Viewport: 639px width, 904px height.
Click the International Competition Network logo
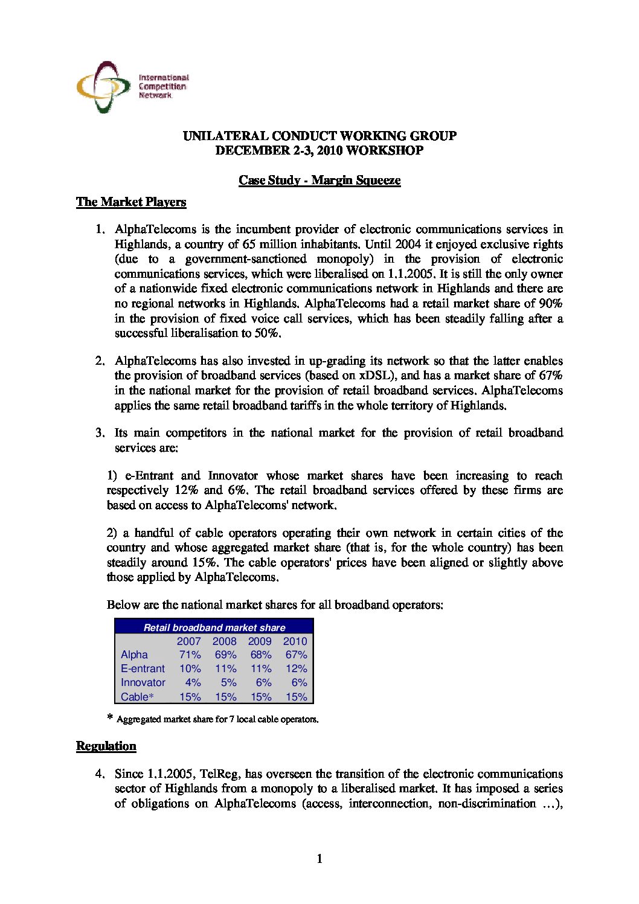(x=132, y=87)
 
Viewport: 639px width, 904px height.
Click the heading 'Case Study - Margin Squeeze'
(x=319, y=180)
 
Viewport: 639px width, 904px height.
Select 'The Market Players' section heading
(x=131, y=202)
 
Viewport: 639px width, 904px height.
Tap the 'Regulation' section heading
(x=106, y=746)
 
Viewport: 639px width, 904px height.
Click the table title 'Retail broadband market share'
(x=214, y=627)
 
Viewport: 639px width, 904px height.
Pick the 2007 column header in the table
(x=188, y=641)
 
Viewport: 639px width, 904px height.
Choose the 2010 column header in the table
(x=295, y=641)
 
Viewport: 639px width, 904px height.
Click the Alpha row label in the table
(x=134, y=655)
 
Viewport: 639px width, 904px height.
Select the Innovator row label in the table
(x=143, y=682)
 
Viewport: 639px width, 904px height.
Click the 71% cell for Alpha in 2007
(x=190, y=655)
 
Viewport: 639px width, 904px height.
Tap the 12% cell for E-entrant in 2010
(x=297, y=668)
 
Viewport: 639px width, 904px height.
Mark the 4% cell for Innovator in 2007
(x=193, y=682)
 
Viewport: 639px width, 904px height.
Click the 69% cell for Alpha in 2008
(x=225, y=655)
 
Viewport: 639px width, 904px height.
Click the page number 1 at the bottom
(x=319, y=859)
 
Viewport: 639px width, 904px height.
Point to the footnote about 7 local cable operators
(x=217, y=719)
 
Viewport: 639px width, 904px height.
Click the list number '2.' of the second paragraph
(x=100, y=361)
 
